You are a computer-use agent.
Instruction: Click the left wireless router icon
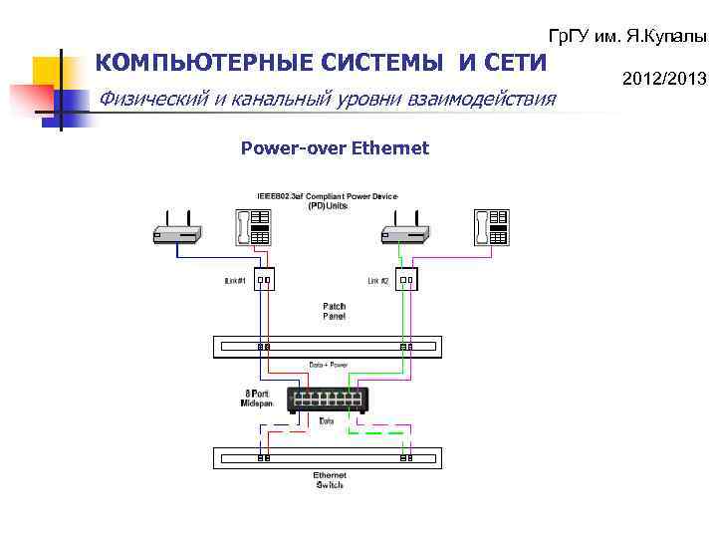177,233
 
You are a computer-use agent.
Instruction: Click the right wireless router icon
404,233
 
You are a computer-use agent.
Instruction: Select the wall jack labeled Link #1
264,280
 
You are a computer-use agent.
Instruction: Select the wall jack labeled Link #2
405,280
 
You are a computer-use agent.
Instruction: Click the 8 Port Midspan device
329,400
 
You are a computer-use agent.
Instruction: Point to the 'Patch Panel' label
334,311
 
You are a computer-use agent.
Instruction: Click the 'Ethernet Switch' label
329,480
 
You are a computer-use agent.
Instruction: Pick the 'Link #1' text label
235,281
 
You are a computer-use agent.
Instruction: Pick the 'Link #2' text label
378,281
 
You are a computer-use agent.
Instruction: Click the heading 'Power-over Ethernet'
335,148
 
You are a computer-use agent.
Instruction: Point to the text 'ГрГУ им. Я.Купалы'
627,36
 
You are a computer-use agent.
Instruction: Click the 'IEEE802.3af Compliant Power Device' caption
328,196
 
